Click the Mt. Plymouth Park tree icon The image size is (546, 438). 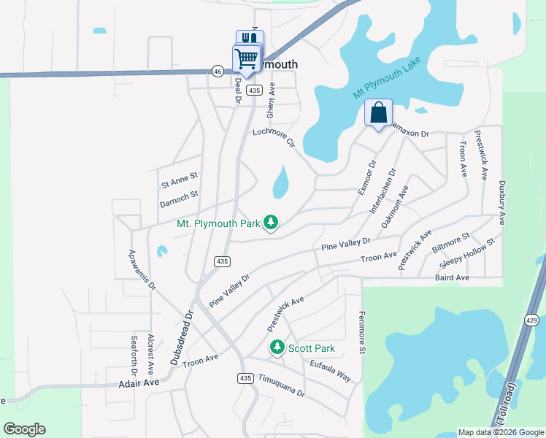(271, 222)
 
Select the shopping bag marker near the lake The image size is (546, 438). (378, 113)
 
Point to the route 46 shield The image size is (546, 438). (218, 71)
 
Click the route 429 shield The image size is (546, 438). (531, 320)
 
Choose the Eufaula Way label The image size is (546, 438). (330, 371)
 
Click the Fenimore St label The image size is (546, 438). (361, 332)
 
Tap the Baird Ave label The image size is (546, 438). (452, 277)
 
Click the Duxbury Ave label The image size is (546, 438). (501, 202)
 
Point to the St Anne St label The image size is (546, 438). (180, 177)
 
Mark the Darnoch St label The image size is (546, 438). (180, 196)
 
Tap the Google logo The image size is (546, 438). (24, 429)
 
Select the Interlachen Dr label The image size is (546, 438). (385, 191)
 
